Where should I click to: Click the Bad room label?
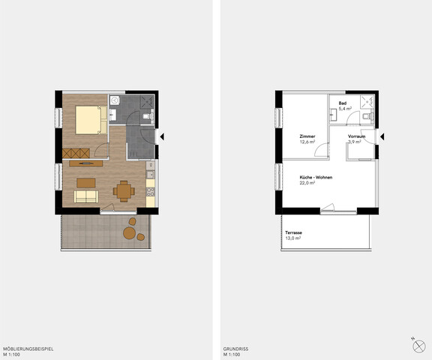click(x=343, y=103)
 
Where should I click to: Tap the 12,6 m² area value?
click(x=307, y=142)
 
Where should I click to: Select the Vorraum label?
click(x=356, y=136)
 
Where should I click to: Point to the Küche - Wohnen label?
click(x=316, y=178)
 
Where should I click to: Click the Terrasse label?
click(x=293, y=232)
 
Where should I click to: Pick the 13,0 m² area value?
click(x=292, y=238)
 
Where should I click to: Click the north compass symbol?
click(x=418, y=346)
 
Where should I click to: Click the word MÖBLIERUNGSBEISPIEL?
click(x=28, y=349)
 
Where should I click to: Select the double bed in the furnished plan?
click(x=91, y=120)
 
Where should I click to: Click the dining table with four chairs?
click(x=124, y=191)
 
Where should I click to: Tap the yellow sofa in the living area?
click(x=86, y=196)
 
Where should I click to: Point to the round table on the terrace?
click(x=129, y=233)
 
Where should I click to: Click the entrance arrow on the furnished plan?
click(x=162, y=136)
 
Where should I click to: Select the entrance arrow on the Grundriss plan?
click(x=382, y=136)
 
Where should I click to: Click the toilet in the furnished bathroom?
click(x=148, y=116)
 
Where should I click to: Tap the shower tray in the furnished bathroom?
click(x=147, y=102)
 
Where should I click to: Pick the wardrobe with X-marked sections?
click(x=76, y=154)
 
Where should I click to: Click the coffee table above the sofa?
click(x=86, y=183)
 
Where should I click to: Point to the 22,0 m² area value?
click(x=307, y=183)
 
